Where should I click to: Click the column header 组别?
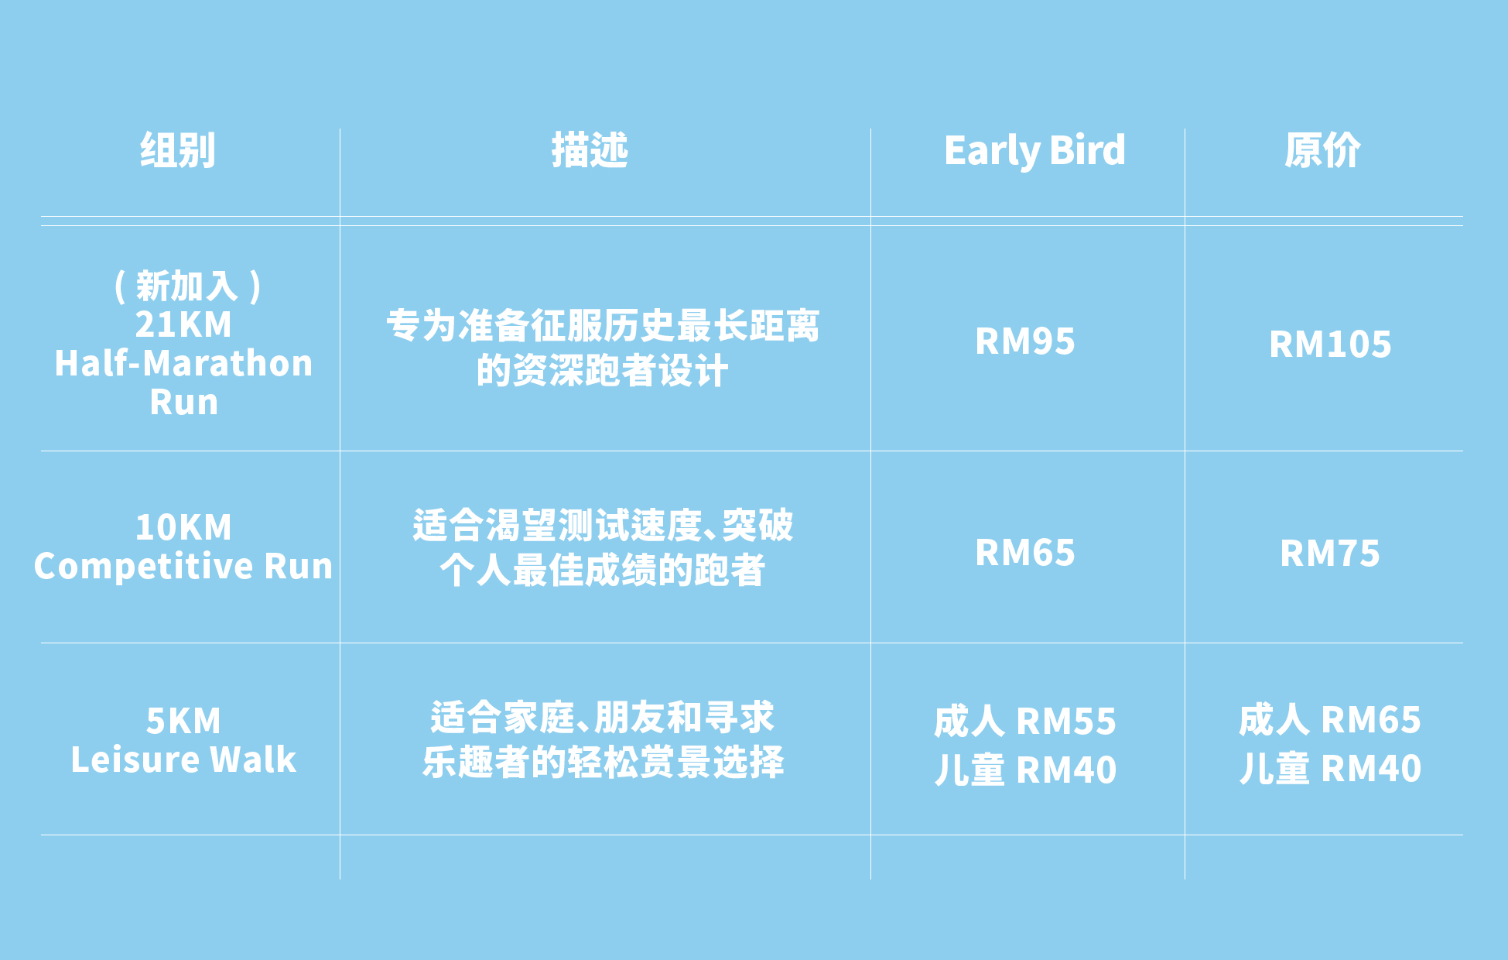(177, 150)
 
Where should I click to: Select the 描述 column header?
(590, 150)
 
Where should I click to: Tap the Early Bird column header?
(1034, 151)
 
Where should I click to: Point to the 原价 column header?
(1322, 150)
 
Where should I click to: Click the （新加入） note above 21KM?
(187, 286)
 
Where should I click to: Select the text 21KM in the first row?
(183, 324)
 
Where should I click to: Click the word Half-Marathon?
(183, 363)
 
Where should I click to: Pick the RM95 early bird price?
(1025, 341)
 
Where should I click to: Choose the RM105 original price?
(1330, 345)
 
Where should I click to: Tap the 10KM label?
(183, 528)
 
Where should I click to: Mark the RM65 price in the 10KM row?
(1025, 553)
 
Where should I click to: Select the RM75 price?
(1330, 554)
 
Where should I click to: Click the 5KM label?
(183, 722)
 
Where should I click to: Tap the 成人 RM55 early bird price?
(1025, 722)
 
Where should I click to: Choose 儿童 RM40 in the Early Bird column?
(1025, 770)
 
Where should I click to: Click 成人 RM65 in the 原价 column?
(1330, 720)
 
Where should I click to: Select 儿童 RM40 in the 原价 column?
(1330, 769)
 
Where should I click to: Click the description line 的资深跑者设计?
(602, 371)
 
